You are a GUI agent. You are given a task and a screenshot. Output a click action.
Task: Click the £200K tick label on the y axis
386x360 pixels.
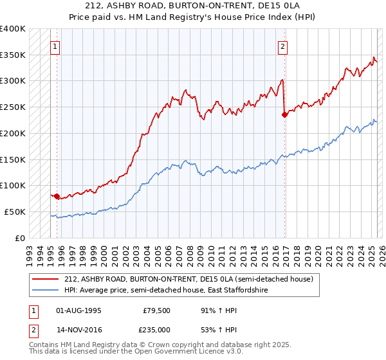[12, 133]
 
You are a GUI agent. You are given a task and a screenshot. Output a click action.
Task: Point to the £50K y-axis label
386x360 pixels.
[15, 212]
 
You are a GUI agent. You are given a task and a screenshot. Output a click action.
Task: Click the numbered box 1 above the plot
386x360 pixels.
[56, 46]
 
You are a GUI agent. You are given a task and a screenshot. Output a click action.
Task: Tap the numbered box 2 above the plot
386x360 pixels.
[282, 46]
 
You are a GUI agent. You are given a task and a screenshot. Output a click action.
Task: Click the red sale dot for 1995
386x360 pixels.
[57, 196]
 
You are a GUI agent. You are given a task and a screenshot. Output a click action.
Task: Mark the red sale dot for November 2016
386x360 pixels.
[284, 115]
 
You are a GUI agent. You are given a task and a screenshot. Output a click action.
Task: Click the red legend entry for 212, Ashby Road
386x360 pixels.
[188, 279]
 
